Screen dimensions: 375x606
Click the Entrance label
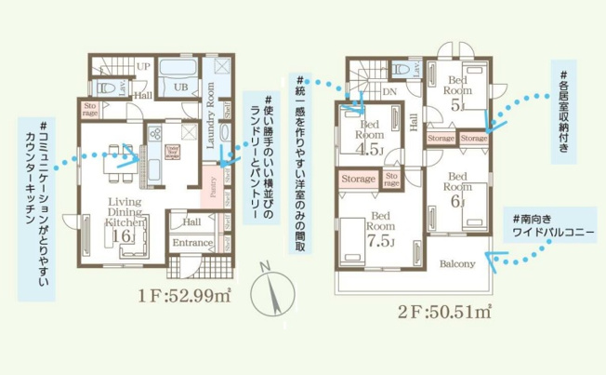[x=192, y=243]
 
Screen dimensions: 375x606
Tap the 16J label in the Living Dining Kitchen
[x=123, y=236]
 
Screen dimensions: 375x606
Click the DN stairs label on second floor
[x=388, y=91]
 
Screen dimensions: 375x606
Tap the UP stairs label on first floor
[x=143, y=67]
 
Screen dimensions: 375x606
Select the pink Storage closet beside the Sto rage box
[x=358, y=178]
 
